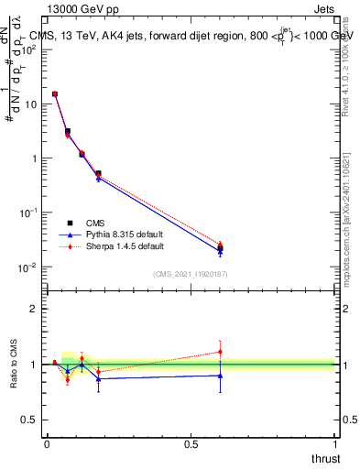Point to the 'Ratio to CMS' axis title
point(13,365)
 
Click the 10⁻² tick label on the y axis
point(28,267)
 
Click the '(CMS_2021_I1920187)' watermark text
point(190,274)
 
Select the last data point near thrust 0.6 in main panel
point(220,248)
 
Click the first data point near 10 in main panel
point(55,94)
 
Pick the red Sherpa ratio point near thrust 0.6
point(220,352)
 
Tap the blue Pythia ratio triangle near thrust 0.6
point(220,376)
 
